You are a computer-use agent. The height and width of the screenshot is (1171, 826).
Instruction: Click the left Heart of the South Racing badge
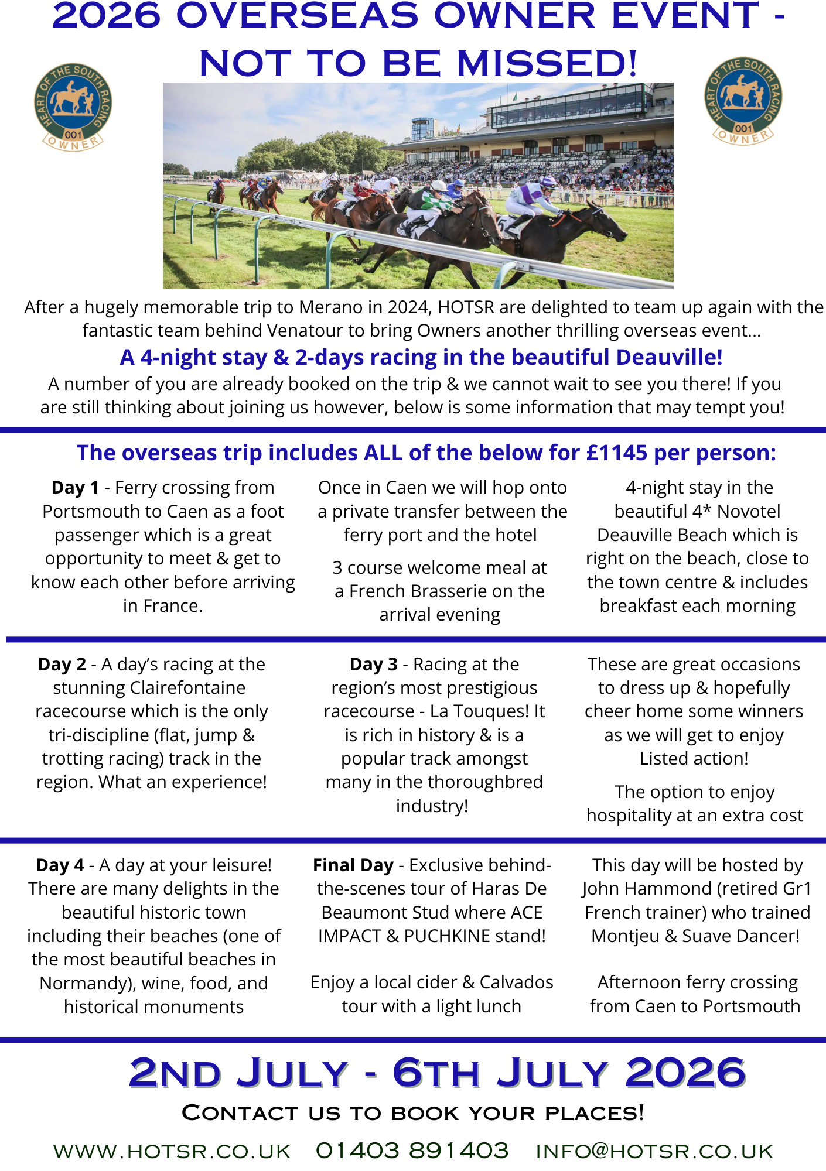tap(73, 106)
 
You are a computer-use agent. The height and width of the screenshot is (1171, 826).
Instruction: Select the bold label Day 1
tap(75, 487)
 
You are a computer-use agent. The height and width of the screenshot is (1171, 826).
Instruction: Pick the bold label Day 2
tap(62, 664)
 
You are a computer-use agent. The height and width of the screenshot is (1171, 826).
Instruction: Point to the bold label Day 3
tap(374, 664)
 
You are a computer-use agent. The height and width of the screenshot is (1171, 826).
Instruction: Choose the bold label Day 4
tap(60, 865)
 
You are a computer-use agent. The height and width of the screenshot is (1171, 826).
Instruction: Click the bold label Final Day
tap(353, 865)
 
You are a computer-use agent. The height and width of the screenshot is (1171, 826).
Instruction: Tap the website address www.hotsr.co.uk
tap(172, 1151)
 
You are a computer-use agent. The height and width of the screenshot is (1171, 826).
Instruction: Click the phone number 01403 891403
tap(412, 1150)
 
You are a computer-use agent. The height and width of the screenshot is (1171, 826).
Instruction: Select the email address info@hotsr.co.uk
tap(654, 1151)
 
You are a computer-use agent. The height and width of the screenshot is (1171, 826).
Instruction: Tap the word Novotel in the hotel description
tap(749, 511)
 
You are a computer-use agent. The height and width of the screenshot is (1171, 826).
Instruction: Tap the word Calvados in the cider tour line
tap(516, 982)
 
